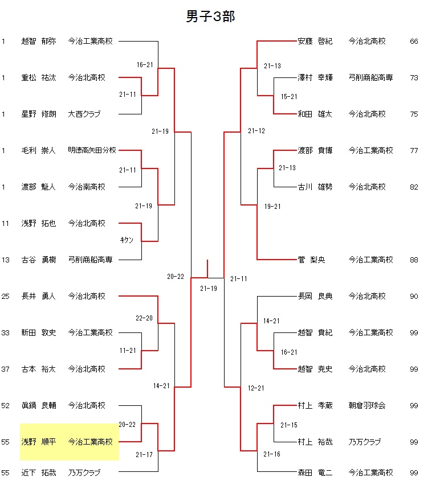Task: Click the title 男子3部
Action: click(210, 17)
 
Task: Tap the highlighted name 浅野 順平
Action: click(39, 442)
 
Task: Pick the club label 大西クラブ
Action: click(84, 114)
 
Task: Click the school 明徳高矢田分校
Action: click(92, 151)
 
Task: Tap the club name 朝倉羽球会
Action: click(367, 406)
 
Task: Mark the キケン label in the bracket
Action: click(127, 240)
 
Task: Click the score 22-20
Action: click(144, 318)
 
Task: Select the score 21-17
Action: click(144, 454)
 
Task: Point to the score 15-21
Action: click(289, 97)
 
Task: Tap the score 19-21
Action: click(272, 206)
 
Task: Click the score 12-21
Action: click(256, 388)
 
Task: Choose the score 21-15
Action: click(289, 425)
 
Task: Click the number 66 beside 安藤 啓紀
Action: click(414, 42)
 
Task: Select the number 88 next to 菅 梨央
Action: click(414, 260)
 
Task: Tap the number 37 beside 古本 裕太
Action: click(6, 369)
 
